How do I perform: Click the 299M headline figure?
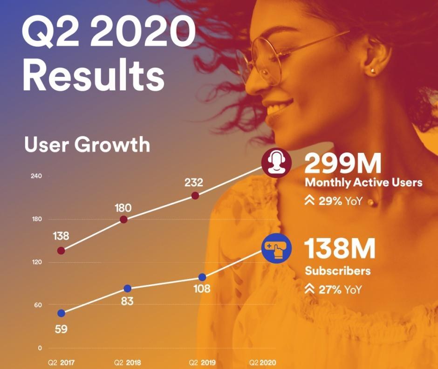click(x=343, y=164)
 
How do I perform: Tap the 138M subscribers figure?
click(x=340, y=249)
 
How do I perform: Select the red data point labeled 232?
click(x=195, y=196)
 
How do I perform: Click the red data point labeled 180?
click(x=124, y=220)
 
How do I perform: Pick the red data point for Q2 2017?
click(x=61, y=251)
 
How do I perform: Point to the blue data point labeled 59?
click(x=61, y=313)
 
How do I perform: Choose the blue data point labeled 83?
click(x=128, y=288)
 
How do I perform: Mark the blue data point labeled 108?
click(x=202, y=277)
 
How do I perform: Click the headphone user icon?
click(x=277, y=164)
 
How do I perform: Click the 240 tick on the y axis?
click(x=37, y=176)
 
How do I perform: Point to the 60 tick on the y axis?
click(x=37, y=305)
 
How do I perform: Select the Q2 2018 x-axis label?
click(x=127, y=362)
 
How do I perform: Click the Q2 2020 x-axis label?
click(x=263, y=362)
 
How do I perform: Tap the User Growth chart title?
click(x=87, y=145)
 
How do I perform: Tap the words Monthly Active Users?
click(x=363, y=182)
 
